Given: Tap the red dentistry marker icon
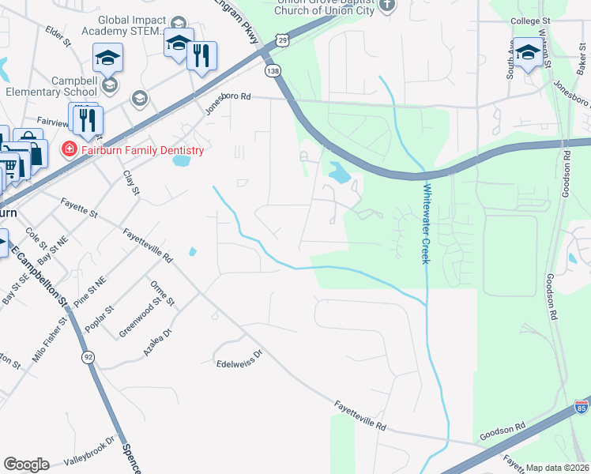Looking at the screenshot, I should tap(70, 149).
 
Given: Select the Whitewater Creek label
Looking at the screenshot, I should tap(426, 224).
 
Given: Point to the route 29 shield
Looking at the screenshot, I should tap(283, 38).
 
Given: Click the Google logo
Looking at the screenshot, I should tap(27, 465).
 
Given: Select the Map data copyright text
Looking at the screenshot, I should tap(558, 468).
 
